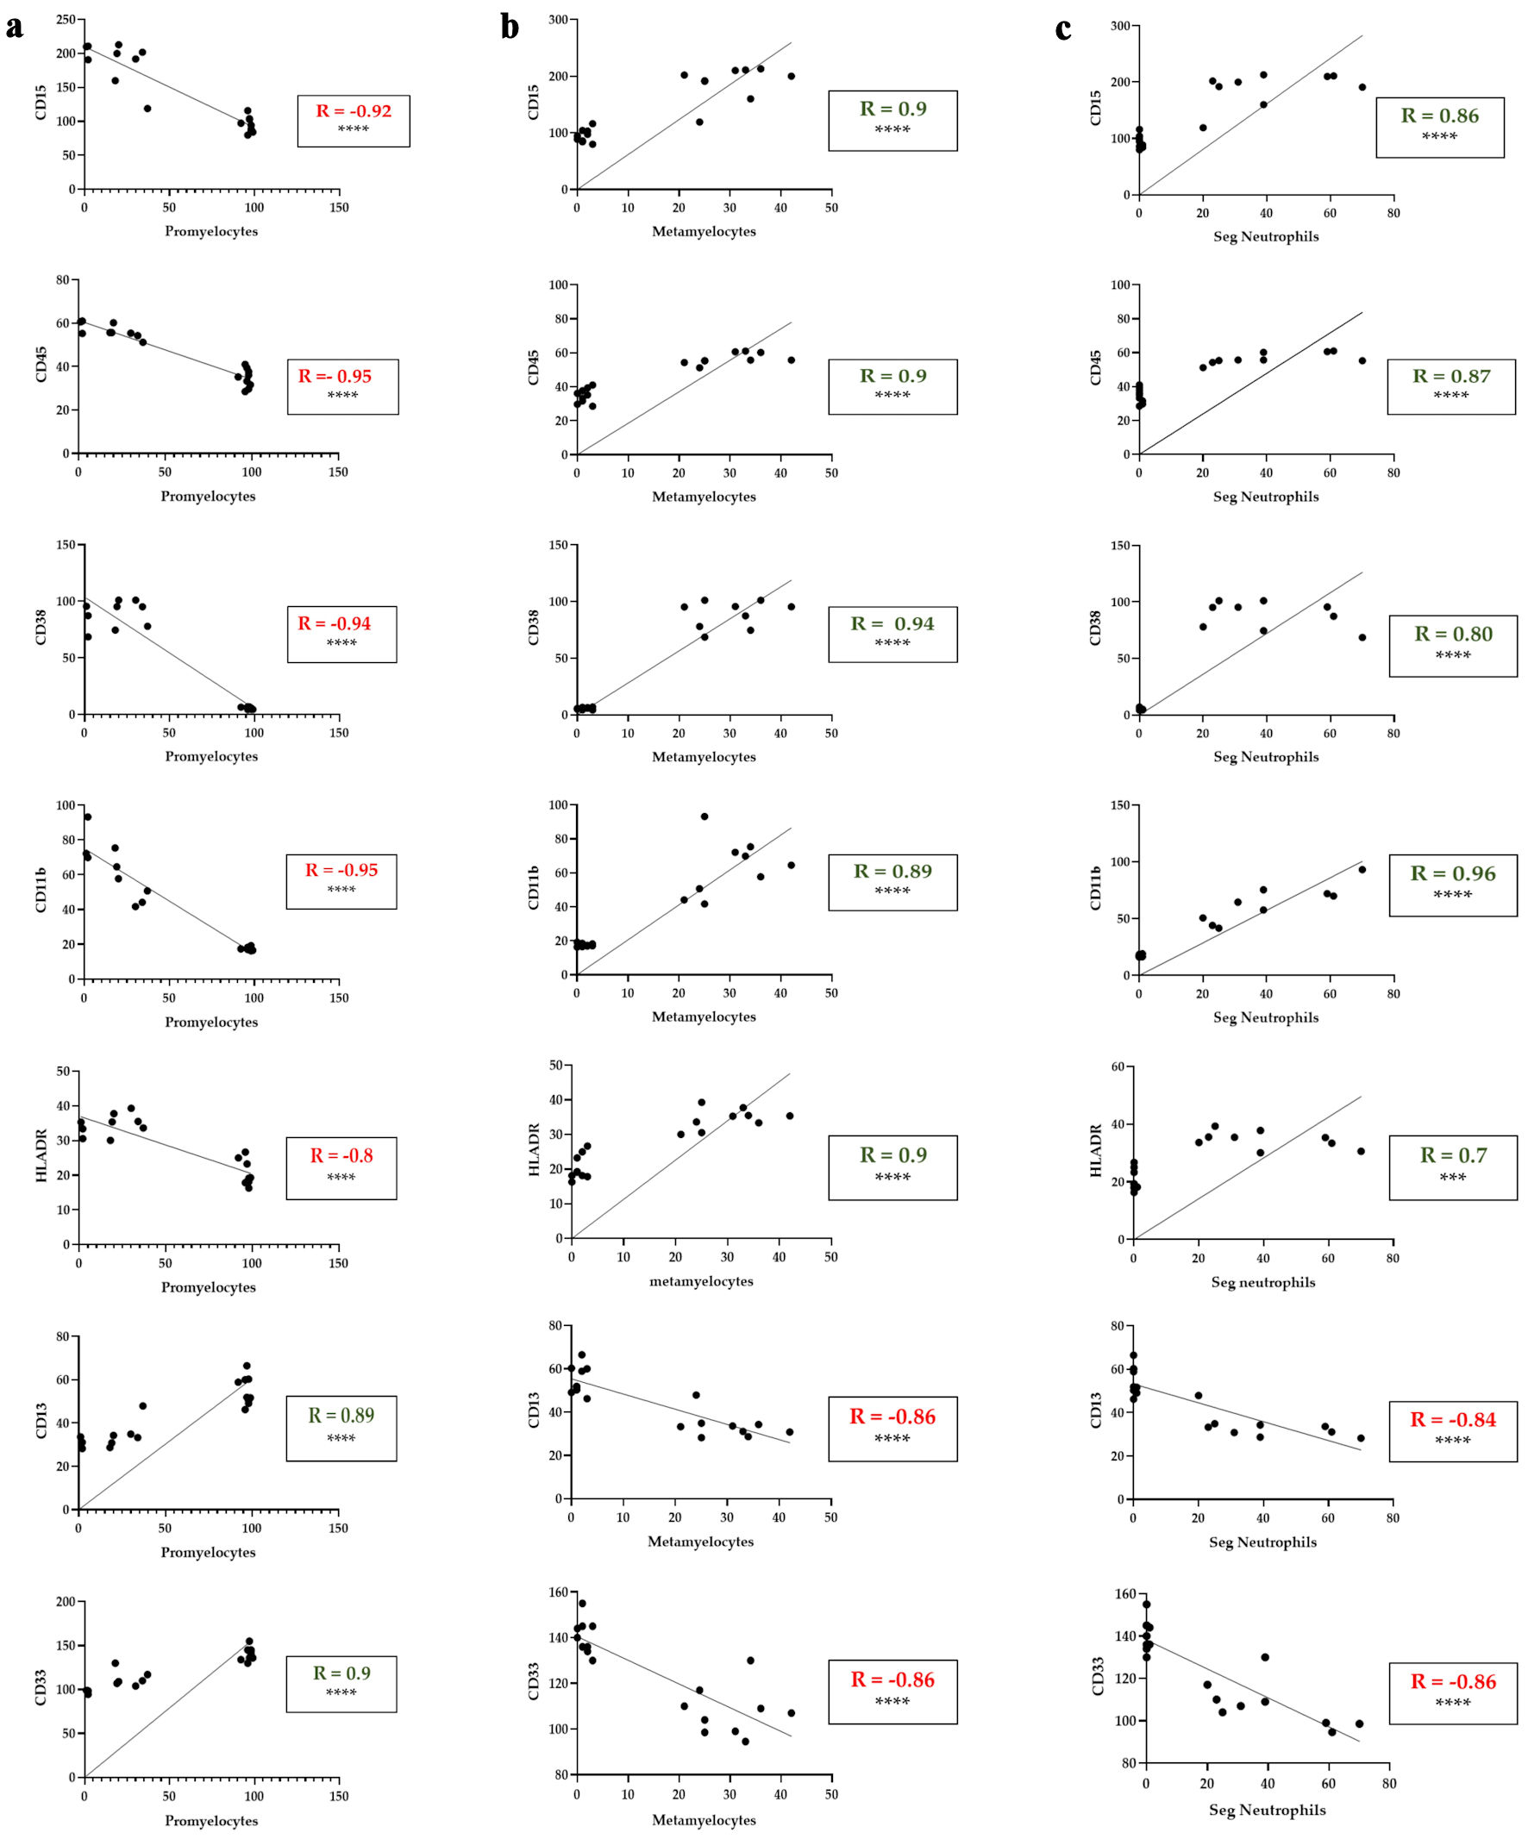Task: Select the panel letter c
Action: pos(1063,29)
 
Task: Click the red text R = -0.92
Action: pos(354,111)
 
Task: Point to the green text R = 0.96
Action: pos(1453,873)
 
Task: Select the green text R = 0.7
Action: pos(1453,1155)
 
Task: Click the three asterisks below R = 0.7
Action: pos(1453,1178)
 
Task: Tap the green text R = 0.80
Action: pos(1454,634)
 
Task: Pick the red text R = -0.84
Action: pos(1453,1419)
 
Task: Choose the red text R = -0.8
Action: pos(341,1156)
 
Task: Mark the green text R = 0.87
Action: pos(1451,377)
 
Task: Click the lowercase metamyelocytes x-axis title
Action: pos(700,1281)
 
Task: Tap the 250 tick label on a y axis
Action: pos(64,19)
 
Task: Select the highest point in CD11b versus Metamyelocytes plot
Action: pos(704,816)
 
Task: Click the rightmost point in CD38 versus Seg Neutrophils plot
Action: pos(1362,637)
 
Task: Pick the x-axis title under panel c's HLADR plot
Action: pos(1262,1282)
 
